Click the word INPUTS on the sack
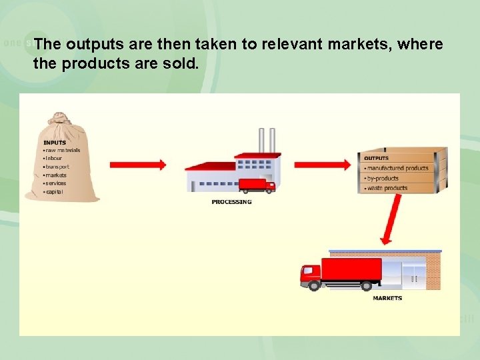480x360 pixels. click(55, 143)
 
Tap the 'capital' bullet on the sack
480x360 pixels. click(55, 191)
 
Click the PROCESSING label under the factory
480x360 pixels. click(232, 201)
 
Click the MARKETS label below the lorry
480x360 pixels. click(387, 298)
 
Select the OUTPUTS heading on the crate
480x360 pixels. click(377, 159)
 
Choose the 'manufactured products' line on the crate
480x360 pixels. click(397, 169)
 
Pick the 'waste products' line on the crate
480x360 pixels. click(386, 188)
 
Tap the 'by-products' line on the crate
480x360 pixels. click(382, 179)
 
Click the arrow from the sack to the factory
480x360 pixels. click(137, 164)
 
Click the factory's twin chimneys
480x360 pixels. click(267, 141)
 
